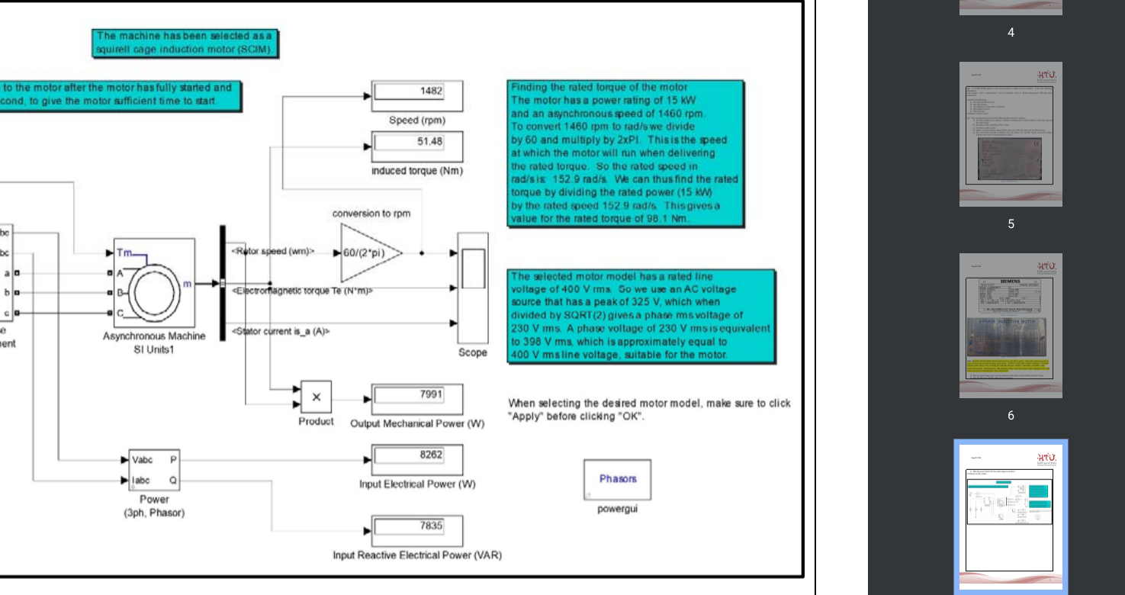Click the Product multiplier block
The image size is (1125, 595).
pos(316,397)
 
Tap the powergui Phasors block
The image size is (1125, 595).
pos(618,479)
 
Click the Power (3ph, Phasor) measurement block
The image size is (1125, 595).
pos(153,471)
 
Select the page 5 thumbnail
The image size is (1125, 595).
pos(1011,134)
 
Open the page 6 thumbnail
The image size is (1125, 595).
pos(1011,326)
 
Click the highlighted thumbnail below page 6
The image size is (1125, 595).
pos(1011,516)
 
